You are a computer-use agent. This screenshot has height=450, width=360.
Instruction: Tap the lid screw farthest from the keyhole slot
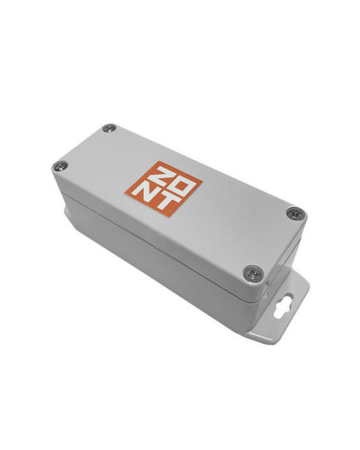(x=110, y=129)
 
